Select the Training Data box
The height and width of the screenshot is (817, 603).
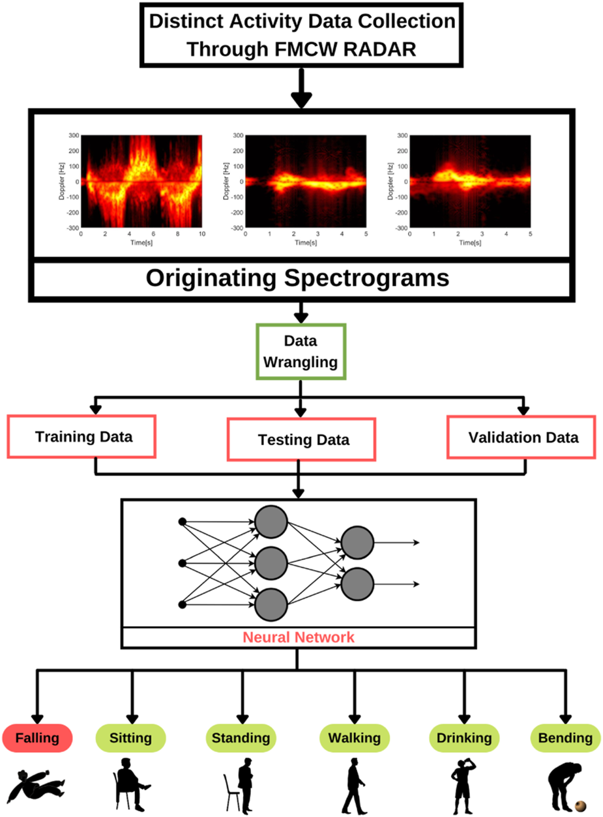(83, 436)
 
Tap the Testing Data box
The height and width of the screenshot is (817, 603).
(301, 440)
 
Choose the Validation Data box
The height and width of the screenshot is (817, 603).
(522, 437)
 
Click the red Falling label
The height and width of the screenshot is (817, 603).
(37, 738)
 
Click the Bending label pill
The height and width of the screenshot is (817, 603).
(565, 738)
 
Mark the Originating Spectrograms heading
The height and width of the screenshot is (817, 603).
(297, 278)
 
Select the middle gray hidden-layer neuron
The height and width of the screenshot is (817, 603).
(271, 563)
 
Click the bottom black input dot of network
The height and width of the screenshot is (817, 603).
(183, 605)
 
